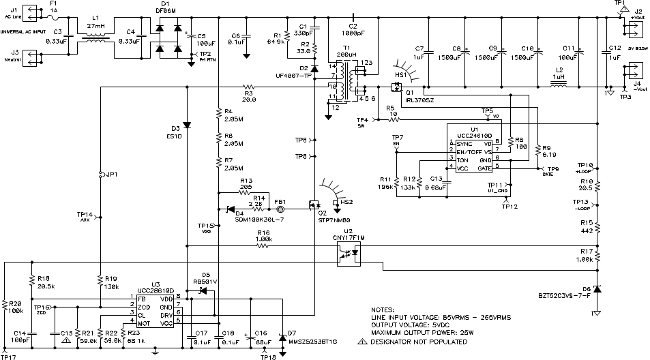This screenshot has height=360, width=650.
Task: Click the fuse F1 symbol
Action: [x=58, y=19]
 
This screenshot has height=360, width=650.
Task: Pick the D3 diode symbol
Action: [x=187, y=126]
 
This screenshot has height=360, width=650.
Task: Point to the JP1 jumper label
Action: [x=109, y=174]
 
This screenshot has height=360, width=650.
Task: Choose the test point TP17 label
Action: [x=8, y=356]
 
